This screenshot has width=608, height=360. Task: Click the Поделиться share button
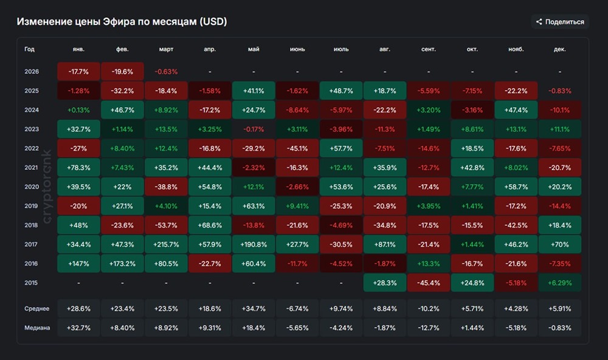(x=559, y=22)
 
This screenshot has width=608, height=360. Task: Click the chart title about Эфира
(x=122, y=22)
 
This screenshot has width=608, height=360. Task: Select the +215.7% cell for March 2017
(x=166, y=244)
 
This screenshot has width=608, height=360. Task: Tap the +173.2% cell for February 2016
(x=122, y=263)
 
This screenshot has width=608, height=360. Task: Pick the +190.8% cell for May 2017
(x=254, y=244)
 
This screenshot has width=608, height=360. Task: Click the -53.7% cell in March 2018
(x=166, y=225)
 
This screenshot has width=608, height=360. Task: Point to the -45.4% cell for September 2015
(x=429, y=283)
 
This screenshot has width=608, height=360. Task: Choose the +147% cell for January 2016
(x=78, y=263)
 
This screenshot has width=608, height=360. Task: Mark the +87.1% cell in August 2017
(x=385, y=244)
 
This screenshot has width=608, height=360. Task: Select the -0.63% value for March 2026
(x=166, y=71)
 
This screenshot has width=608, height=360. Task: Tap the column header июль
(x=341, y=49)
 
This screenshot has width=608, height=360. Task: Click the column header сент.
(x=429, y=49)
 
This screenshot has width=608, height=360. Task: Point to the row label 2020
(x=32, y=187)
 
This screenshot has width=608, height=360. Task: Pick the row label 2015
(x=32, y=283)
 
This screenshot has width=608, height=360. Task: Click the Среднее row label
(x=36, y=309)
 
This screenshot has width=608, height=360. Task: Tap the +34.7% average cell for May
(x=254, y=309)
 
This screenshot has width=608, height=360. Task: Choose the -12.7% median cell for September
(x=429, y=328)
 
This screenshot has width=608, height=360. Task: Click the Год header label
(x=29, y=49)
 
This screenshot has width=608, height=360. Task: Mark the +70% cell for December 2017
(x=560, y=244)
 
